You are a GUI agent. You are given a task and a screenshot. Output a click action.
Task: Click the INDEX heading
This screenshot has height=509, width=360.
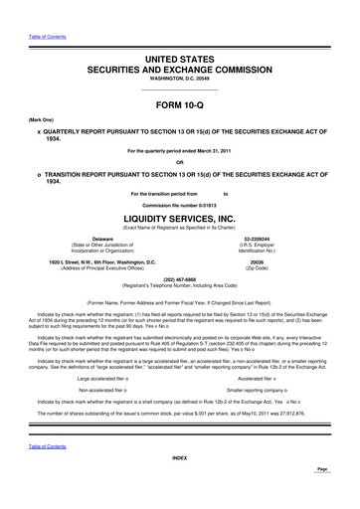point(179,485)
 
